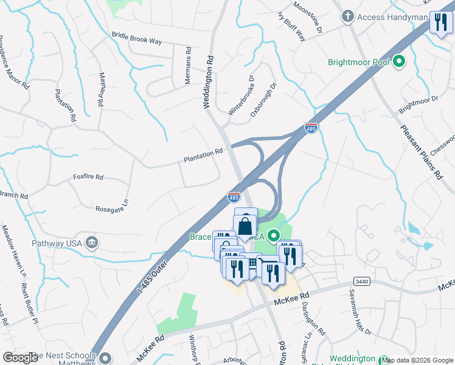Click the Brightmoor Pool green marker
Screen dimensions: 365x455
(400, 61)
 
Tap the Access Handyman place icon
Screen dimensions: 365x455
(348, 16)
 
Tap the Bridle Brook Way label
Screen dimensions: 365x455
(137, 38)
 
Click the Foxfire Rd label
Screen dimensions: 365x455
(88, 177)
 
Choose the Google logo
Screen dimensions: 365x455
(21, 358)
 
